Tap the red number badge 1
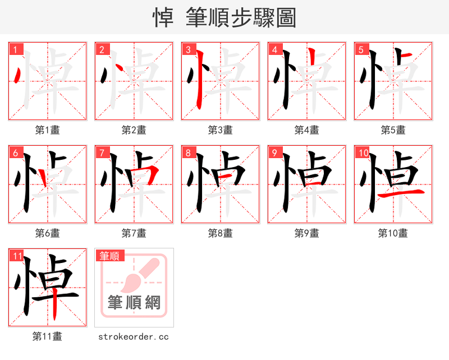click(x=15, y=49)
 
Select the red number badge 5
click(x=361, y=49)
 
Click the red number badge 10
click(x=363, y=153)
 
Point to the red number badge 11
click(x=17, y=256)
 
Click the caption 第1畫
click(x=48, y=130)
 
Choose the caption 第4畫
click(x=307, y=130)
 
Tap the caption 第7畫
click(x=134, y=233)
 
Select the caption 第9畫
click(x=307, y=233)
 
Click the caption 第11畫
click(x=48, y=336)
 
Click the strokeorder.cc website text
click(x=134, y=336)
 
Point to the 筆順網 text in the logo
click(x=134, y=302)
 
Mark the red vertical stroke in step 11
click(x=55, y=306)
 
